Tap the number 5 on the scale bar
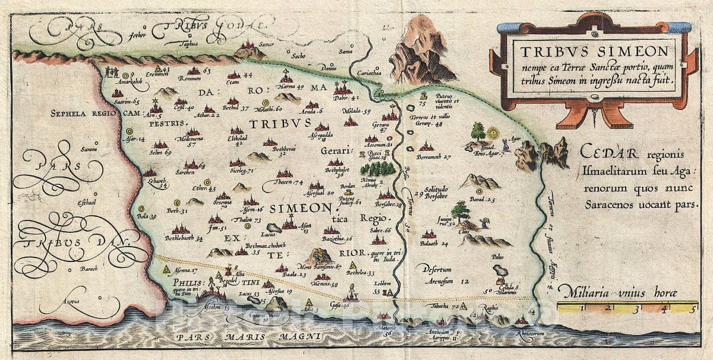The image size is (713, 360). point(692,308)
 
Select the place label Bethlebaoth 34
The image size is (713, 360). point(181,238)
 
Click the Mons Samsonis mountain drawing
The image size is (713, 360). point(319,256)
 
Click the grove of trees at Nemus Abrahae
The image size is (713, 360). point(377,168)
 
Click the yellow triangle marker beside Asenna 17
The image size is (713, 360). point(166,269)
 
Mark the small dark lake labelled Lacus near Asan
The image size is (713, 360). point(273,228)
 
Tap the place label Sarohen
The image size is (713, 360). point(185,172)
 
